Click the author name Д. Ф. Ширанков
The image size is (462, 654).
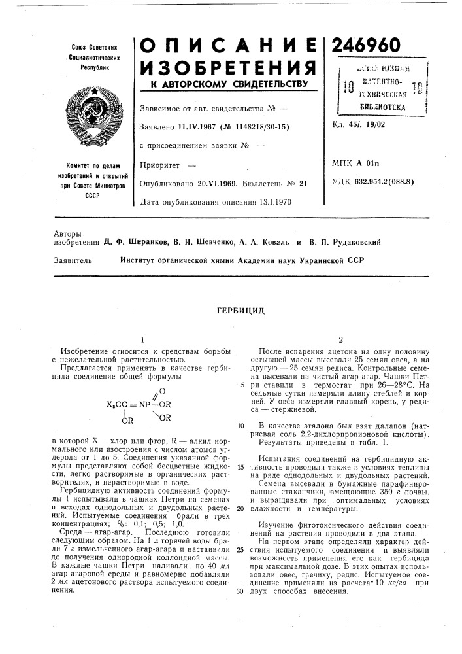pos(133,241)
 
